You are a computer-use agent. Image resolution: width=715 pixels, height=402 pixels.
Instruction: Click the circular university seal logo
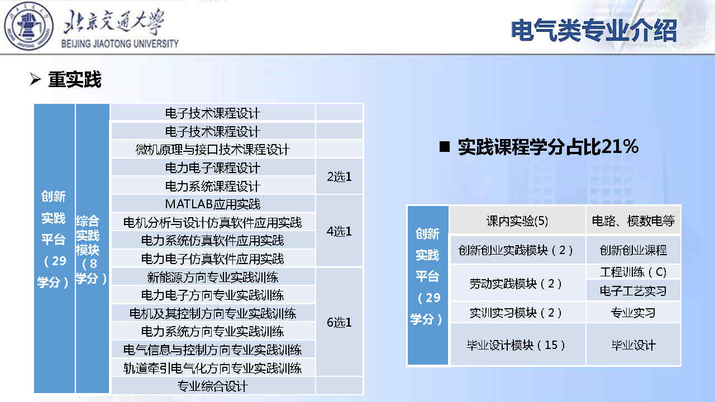[x=28, y=26]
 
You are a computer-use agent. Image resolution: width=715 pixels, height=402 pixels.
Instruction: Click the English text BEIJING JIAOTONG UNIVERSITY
[x=120, y=44]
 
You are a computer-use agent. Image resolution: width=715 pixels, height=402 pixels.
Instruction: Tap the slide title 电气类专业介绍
[x=594, y=30]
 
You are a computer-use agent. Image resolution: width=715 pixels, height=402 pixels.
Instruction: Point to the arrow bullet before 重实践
[x=35, y=79]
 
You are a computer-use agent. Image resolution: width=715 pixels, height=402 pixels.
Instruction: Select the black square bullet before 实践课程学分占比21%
[x=445, y=147]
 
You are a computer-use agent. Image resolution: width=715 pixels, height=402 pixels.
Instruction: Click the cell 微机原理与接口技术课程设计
[x=213, y=149]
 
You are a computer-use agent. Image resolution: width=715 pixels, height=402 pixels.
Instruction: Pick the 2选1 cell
[x=339, y=177]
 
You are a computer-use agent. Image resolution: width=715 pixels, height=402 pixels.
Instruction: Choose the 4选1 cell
[x=339, y=231]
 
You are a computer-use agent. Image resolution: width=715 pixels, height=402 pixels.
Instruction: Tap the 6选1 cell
[x=339, y=322]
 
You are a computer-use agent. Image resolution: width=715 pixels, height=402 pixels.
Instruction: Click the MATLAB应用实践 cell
[x=213, y=204]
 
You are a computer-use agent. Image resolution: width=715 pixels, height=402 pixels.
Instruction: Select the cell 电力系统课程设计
[x=213, y=186]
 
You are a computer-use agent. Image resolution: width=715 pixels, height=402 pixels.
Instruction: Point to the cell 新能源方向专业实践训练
[x=213, y=277]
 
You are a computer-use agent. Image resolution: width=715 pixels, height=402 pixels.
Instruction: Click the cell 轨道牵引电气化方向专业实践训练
[x=213, y=368]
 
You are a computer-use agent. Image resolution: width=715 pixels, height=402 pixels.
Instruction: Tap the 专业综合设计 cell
[x=213, y=386]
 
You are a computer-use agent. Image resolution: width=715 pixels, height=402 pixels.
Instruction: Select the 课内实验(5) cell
[x=517, y=221]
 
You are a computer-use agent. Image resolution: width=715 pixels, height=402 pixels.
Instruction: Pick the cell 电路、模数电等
[x=633, y=221]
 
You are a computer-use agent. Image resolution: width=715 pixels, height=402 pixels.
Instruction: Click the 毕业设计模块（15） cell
[x=517, y=344]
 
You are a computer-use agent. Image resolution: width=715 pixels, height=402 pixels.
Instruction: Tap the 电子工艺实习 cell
[x=633, y=291]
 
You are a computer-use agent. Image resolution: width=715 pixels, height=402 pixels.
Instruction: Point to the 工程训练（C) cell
[x=633, y=272]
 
